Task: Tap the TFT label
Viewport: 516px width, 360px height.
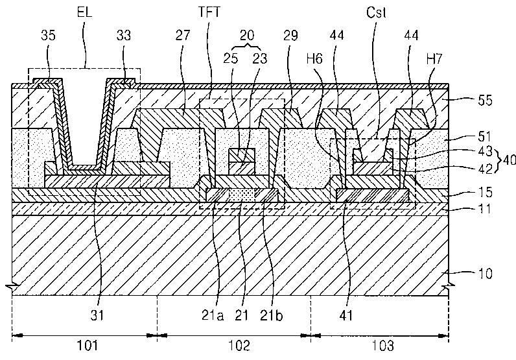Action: coord(209,12)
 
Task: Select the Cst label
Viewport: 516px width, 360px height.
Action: coord(376,12)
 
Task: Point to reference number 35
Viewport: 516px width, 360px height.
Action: coord(49,35)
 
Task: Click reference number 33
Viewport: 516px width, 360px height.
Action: coord(124,35)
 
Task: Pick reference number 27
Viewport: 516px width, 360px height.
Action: coord(183,35)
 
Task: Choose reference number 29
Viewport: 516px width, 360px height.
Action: coord(290,35)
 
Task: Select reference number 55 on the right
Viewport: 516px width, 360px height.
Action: coord(485,100)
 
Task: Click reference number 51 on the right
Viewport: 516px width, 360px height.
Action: coord(485,136)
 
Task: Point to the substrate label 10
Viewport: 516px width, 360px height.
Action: coord(485,273)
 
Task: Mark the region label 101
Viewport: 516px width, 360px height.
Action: coord(88,346)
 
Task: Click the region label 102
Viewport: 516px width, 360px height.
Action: coord(239,346)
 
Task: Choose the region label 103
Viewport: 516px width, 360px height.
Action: coord(382,346)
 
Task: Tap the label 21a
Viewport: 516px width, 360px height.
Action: coord(213,315)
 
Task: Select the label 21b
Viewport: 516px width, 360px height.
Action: coord(270,315)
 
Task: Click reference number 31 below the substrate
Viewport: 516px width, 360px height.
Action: coord(97,315)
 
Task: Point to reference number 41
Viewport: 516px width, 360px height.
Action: coord(346,315)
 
